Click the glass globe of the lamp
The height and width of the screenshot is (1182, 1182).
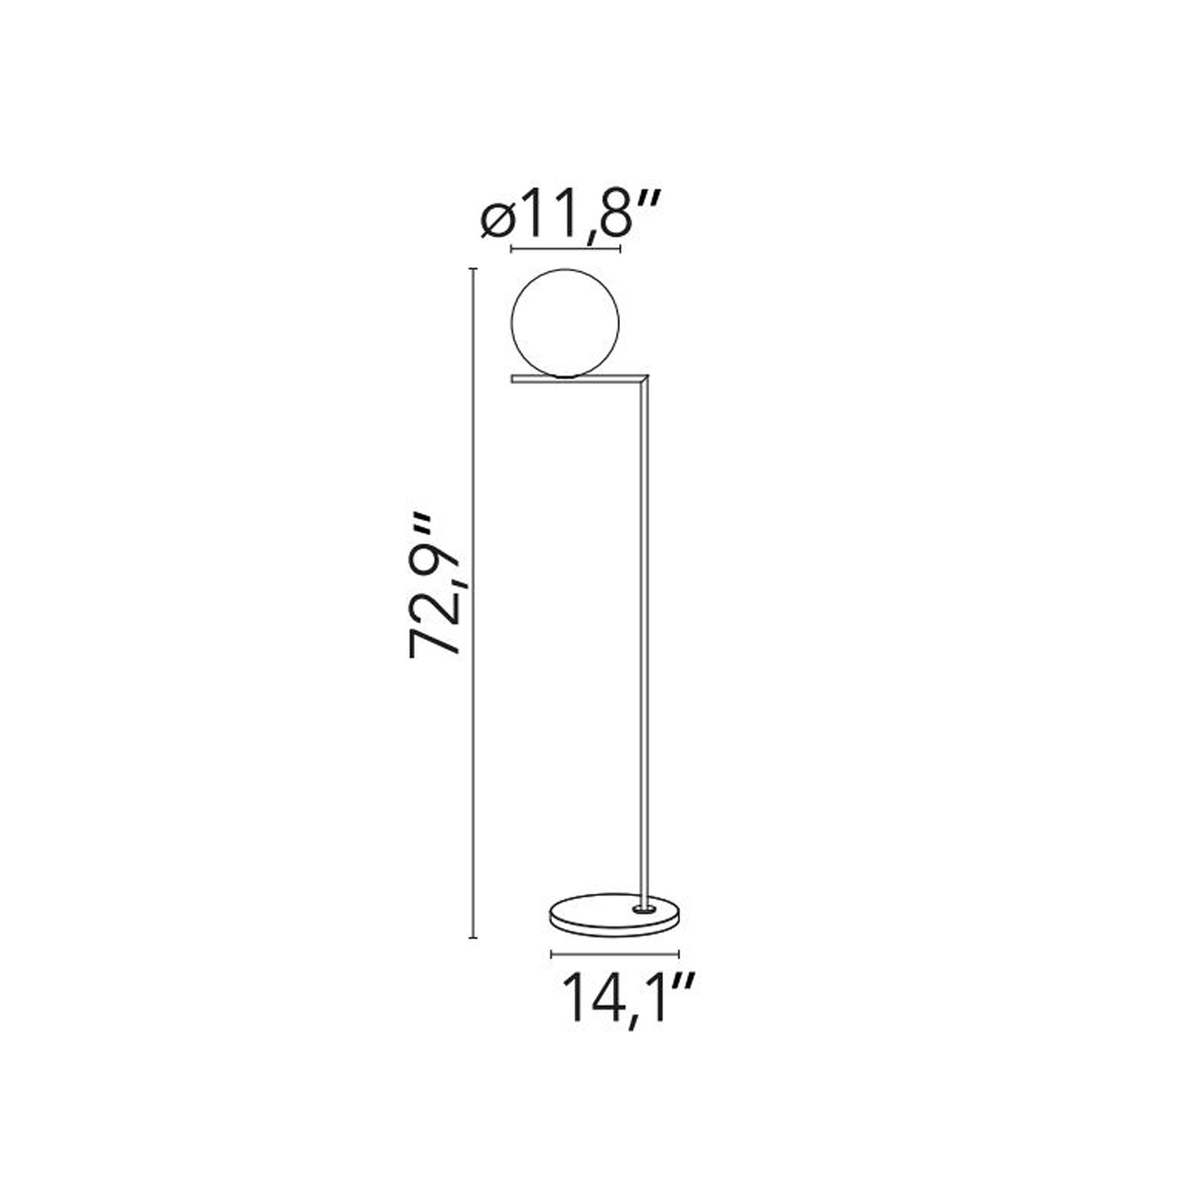(565, 323)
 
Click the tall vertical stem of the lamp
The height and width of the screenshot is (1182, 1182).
(644, 642)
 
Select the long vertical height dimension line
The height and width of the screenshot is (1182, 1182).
(472, 611)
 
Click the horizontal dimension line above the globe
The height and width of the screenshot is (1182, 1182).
(565, 249)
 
